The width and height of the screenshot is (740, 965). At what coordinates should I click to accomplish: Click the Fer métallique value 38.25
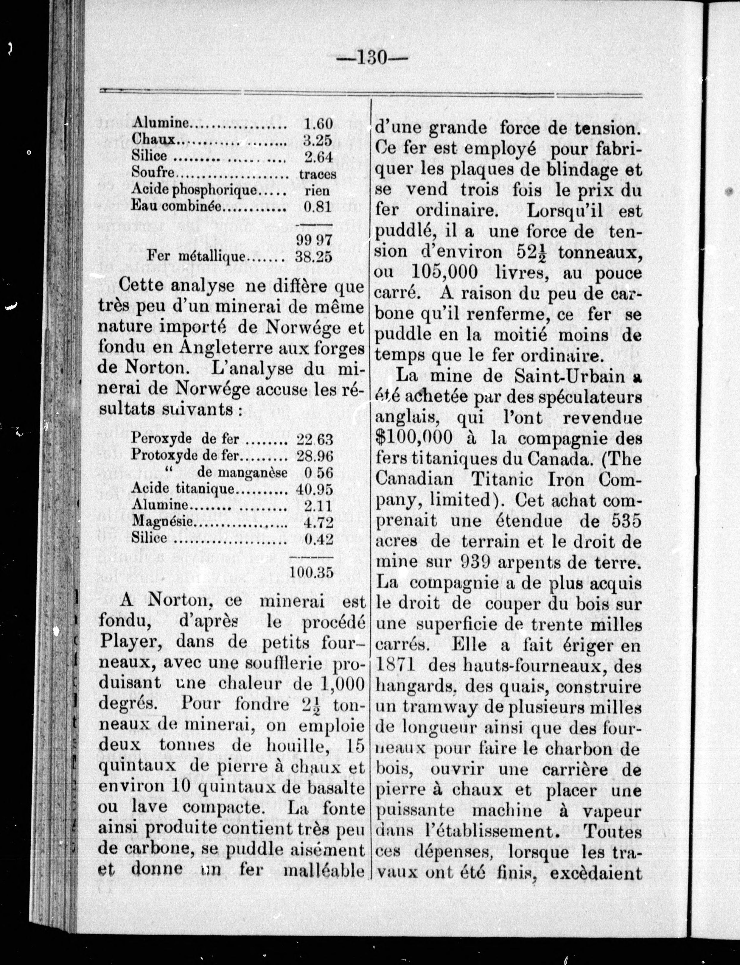(x=314, y=257)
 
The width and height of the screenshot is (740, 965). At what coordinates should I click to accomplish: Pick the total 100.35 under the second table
(x=311, y=572)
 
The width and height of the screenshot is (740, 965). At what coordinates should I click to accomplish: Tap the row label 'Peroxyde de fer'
(x=185, y=439)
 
